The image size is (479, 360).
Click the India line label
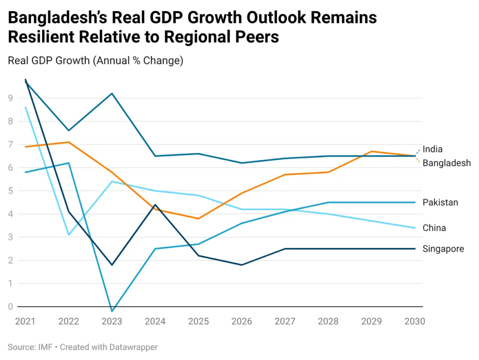pos(432,149)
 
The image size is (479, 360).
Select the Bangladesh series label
pos(446,163)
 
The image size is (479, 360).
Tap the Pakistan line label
pos(440,202)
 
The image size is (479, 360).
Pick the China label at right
pos(434,228)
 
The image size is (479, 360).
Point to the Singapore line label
pos(443,249)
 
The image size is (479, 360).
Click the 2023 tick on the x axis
pos(112,322)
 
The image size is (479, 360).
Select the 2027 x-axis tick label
pos(285,322)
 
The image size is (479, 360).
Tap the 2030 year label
pos(414,322)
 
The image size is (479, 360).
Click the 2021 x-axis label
pos(25,322)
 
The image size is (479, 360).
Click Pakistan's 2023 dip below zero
pos(112,311)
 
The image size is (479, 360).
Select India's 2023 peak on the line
pos(112,94)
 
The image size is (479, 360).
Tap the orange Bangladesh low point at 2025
pos(198,218)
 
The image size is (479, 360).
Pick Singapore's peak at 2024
pos(155,205)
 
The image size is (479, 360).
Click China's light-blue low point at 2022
pos(69,235)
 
